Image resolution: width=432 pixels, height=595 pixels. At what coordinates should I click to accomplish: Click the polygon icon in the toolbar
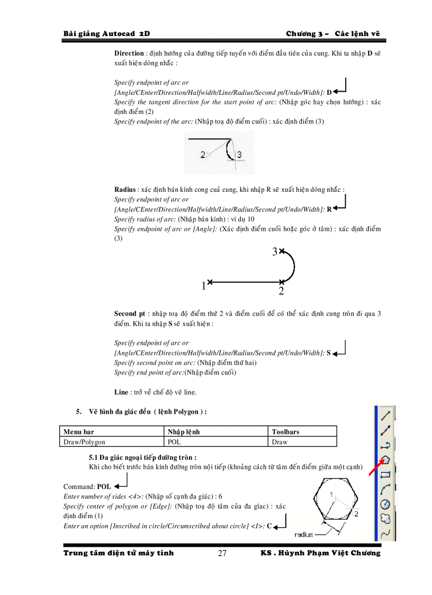tap(385, 459)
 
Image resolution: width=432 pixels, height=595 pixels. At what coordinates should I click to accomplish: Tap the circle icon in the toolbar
tap(386, 503)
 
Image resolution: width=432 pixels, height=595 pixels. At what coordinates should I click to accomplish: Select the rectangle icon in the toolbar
tap(386, 474)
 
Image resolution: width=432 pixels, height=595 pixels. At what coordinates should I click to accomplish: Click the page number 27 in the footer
tap(222, 554)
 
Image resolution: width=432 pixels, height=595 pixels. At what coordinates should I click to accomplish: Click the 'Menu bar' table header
tap(78, 431)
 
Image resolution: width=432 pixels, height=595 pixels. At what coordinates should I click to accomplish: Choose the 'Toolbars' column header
tap(285, 431)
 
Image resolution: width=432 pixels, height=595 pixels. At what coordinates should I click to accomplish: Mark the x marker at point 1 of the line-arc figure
tap(210, 281)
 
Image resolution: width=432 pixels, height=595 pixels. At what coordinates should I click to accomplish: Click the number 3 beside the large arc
tap(275, 252)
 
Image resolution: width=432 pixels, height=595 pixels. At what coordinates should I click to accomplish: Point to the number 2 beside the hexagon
tap(356, 513)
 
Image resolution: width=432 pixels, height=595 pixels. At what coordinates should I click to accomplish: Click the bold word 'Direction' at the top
tap(129, 53)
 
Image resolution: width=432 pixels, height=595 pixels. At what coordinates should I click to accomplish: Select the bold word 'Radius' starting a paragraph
tap(125, 189)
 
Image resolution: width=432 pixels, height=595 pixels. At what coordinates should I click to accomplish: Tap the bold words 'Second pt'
tap(130, 314)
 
